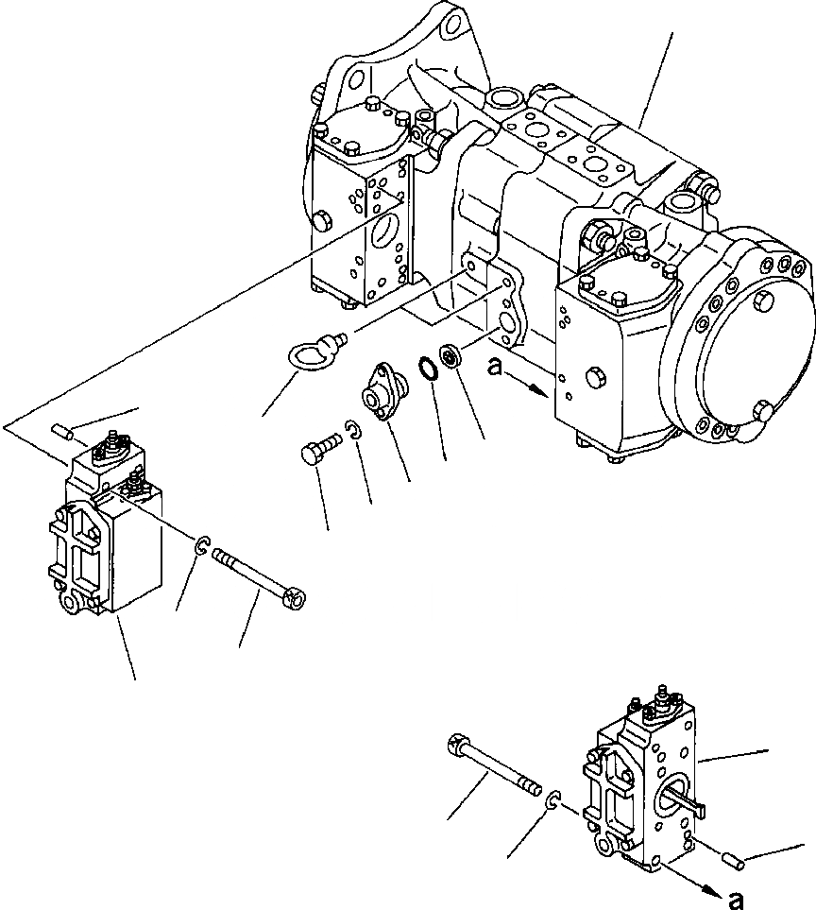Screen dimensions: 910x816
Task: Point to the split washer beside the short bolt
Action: [x=353, y=431]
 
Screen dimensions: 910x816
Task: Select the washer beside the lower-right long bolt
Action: [x=556, y=798]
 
